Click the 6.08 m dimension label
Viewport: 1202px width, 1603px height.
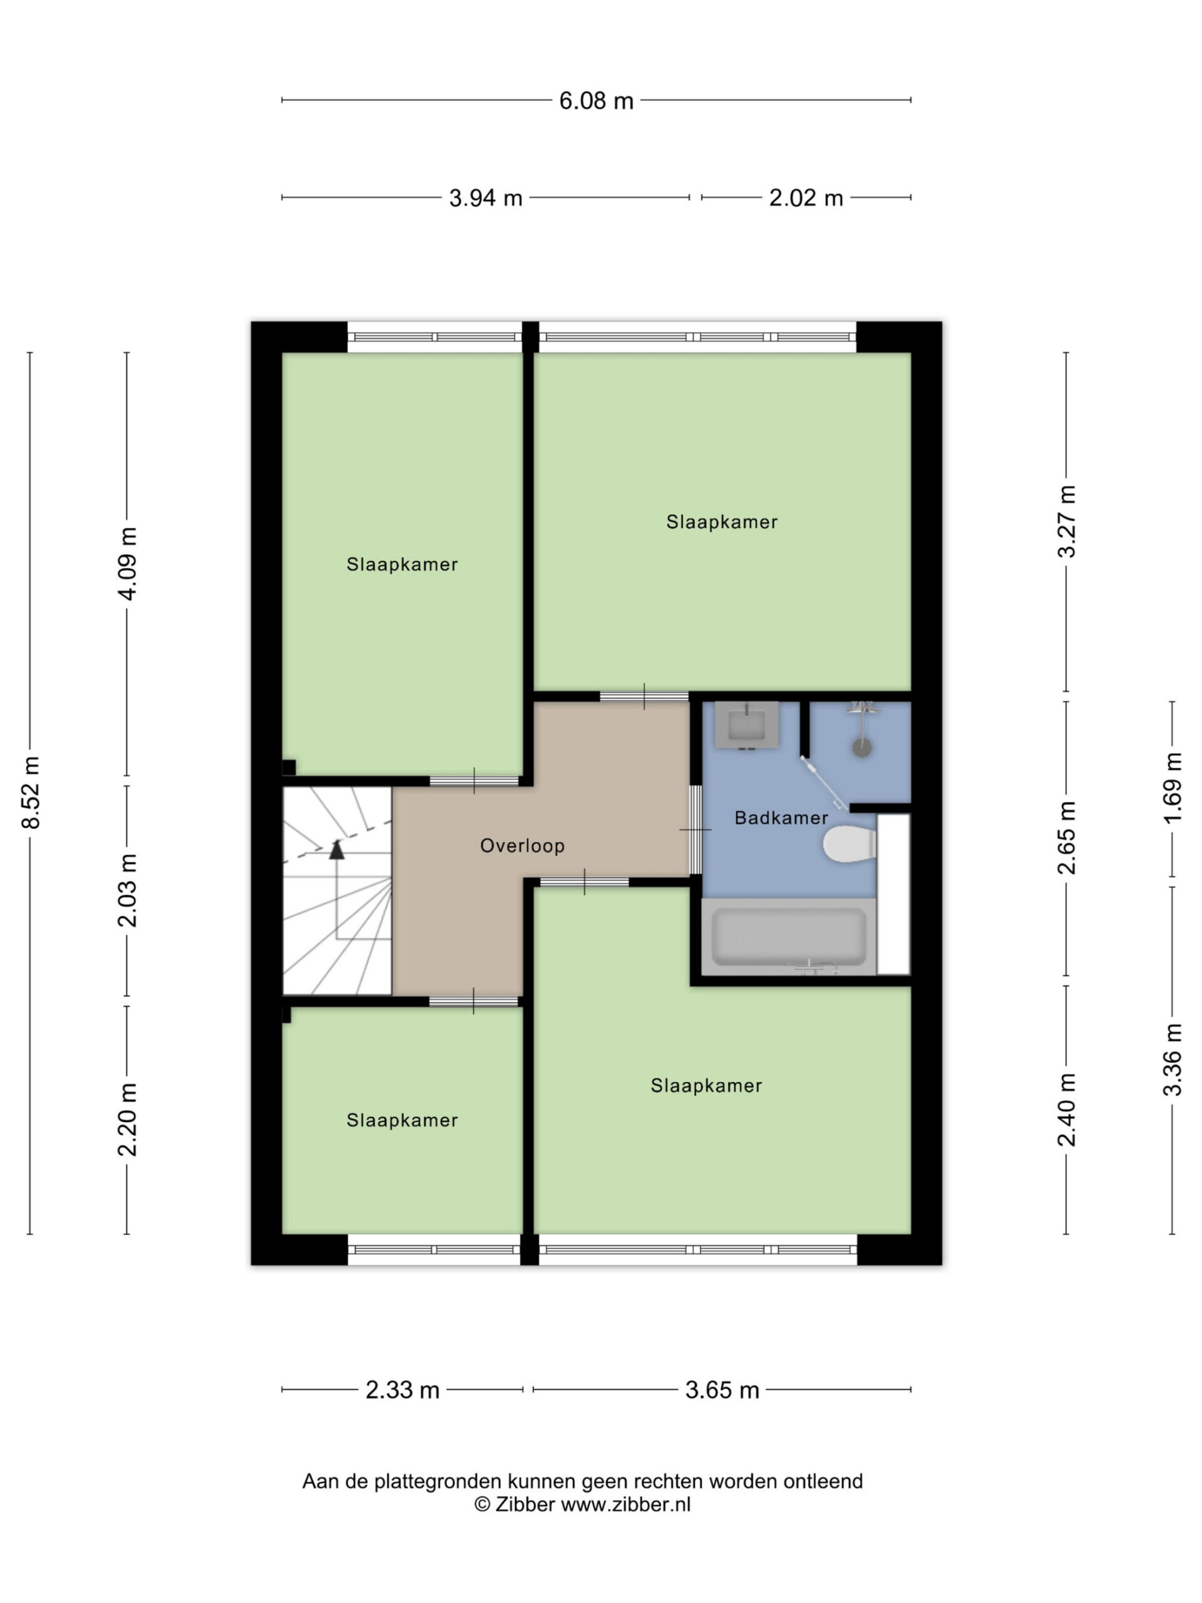coord(595,100)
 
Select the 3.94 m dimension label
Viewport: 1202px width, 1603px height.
coord(485,197)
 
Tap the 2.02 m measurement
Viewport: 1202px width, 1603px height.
coord(806,197)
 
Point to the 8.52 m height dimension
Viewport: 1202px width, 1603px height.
coord(31,792)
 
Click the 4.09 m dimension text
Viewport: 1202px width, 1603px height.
coord(128,564)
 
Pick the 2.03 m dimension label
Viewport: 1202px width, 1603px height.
coord(128,890)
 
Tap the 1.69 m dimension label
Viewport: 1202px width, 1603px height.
coord(1173,788)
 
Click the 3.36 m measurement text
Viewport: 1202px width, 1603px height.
coord(1173,1059)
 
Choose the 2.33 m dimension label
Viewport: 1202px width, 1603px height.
coord(402,1390)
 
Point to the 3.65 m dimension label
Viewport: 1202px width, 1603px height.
coord(722,1390)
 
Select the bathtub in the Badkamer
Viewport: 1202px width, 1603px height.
coord(788,937)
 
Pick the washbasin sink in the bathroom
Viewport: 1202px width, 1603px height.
coord(746,725)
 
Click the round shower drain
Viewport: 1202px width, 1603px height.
coord(861,748)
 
